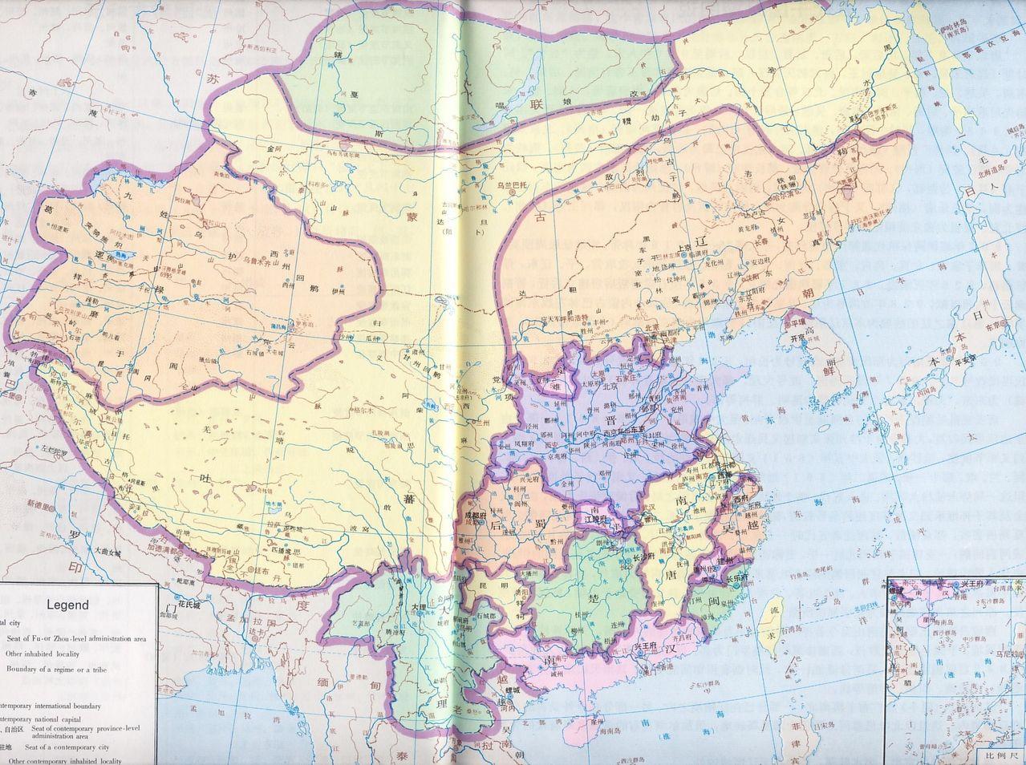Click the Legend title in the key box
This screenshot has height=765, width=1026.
(x=68, y=605)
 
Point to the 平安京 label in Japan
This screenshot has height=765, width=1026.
(x=968, y=360)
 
